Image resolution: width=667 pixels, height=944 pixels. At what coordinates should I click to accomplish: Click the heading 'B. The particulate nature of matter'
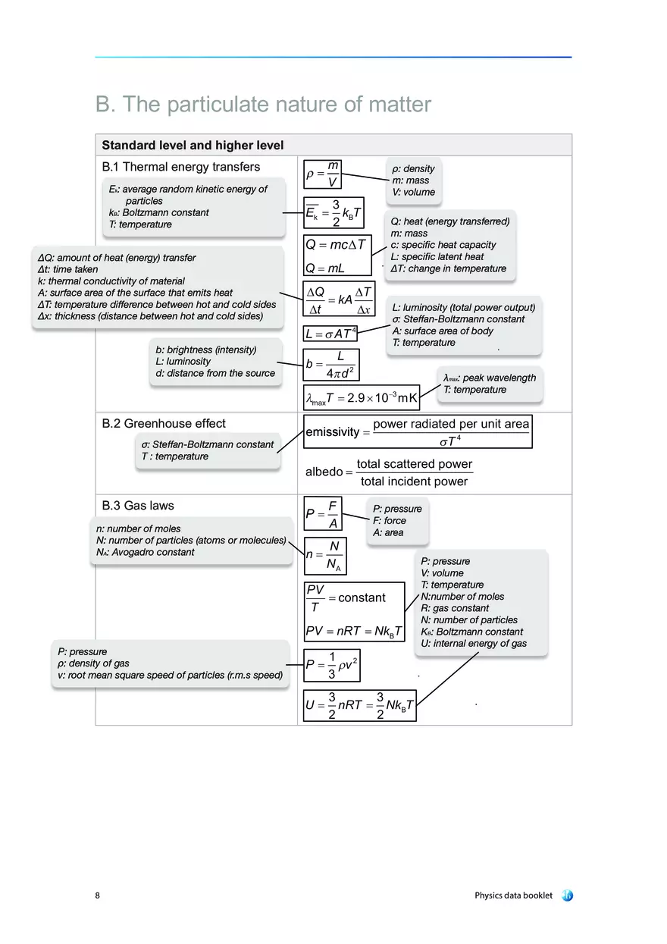point(263,105)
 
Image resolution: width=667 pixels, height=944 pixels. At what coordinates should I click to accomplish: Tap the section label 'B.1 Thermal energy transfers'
point(180,167)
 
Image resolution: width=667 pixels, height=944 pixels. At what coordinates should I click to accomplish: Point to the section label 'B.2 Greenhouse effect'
point(164,423)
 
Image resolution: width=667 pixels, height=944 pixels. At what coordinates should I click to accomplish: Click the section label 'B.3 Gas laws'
point(138,505)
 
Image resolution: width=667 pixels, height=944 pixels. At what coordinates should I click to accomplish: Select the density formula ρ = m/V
point(323,174)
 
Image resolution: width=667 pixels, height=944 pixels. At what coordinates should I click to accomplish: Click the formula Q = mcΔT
point(336,244)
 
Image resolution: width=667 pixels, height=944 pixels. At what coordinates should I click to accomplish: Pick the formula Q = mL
point(325,268)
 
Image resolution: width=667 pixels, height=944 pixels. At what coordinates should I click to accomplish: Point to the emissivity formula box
point(417,431)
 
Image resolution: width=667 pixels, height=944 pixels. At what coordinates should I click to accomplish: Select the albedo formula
point(389,472)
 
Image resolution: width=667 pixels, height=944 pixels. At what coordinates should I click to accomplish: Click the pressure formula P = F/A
point(323,514)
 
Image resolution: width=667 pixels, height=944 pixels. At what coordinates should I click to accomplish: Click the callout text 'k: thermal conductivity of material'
point(111,281)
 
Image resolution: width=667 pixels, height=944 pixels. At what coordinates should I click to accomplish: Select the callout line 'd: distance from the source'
point(215,373)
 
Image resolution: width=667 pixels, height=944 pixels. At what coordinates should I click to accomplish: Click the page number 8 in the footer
point(98,895)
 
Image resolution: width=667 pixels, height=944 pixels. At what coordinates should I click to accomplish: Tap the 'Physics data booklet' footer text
point(513,895)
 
